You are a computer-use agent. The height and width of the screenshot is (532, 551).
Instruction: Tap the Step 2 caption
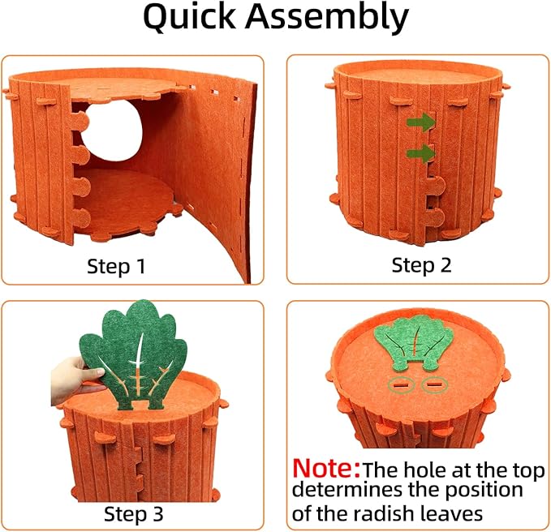pyautogui.click(x=421, y=265)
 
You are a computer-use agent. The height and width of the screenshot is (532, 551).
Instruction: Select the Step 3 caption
pyautogui.click(x=135, y=513)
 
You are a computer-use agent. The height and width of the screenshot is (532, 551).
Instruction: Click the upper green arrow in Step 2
pyautogui.click(x=420, y=122)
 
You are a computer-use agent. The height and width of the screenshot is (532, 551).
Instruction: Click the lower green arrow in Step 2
pyautogui.click(x=420, y=152)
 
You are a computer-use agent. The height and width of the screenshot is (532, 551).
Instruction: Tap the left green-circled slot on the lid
pyautogui.click(x=402, y=386)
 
